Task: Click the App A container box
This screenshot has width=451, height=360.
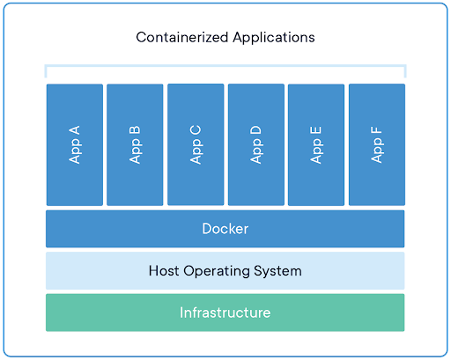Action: click(75, 144)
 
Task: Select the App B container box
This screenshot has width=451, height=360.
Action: click(135, 144)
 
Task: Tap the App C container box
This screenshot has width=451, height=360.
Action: click(196, 144)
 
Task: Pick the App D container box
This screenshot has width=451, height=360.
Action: click(256, 144)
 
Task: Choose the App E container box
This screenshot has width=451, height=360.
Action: click(316, 144)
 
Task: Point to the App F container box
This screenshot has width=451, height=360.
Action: click(377, 144)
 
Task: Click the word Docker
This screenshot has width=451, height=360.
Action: click(225, 229)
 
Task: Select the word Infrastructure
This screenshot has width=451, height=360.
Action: click(225, 312)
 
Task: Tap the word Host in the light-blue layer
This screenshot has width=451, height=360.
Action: click(164, 270)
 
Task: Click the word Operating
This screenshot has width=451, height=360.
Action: click(217, 272)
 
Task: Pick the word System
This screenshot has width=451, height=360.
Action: click(277, 272)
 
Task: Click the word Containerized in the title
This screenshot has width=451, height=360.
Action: click(182, 38)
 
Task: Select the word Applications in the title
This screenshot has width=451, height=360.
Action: click(274, 39)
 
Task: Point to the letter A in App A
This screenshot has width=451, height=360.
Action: click(74, 130)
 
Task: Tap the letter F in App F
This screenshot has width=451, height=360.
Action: click(376, 130)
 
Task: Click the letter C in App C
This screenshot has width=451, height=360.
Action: click(196, 130)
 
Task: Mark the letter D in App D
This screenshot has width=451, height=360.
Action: click(255, 130)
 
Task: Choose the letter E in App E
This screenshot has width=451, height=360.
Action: click(316, 130)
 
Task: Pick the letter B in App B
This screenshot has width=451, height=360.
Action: click(135, 130)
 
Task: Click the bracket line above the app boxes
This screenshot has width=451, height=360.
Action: click(225, 65)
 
